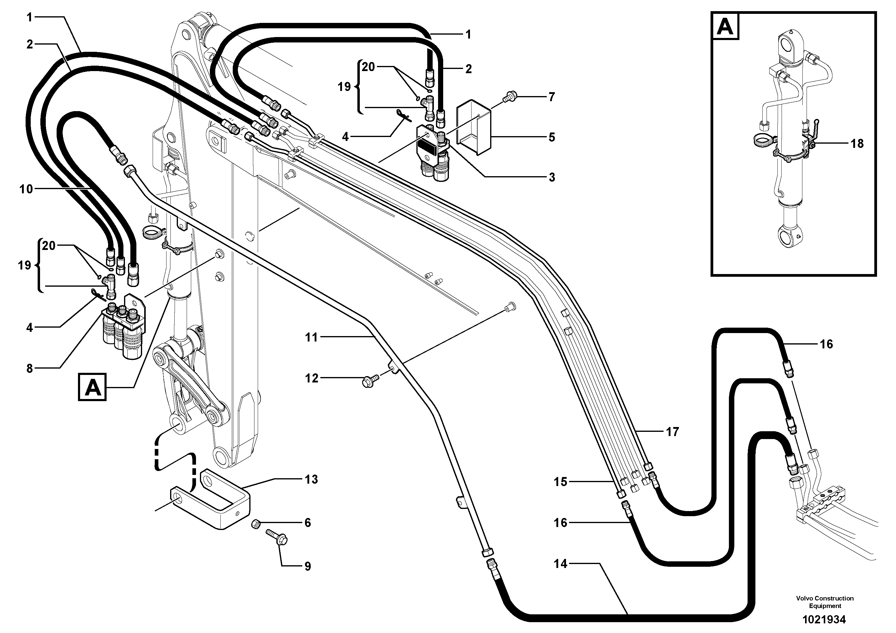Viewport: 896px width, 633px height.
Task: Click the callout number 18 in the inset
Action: pyautogui.click(x=857, y=144)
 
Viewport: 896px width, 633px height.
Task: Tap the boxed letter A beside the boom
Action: pyautogui.click(x=92, y=387)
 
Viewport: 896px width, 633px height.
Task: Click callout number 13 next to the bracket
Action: pyautogui.click(x=311, y=479)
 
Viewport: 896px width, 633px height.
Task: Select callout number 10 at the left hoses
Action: pyautogui.click(x=26, y=189)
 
